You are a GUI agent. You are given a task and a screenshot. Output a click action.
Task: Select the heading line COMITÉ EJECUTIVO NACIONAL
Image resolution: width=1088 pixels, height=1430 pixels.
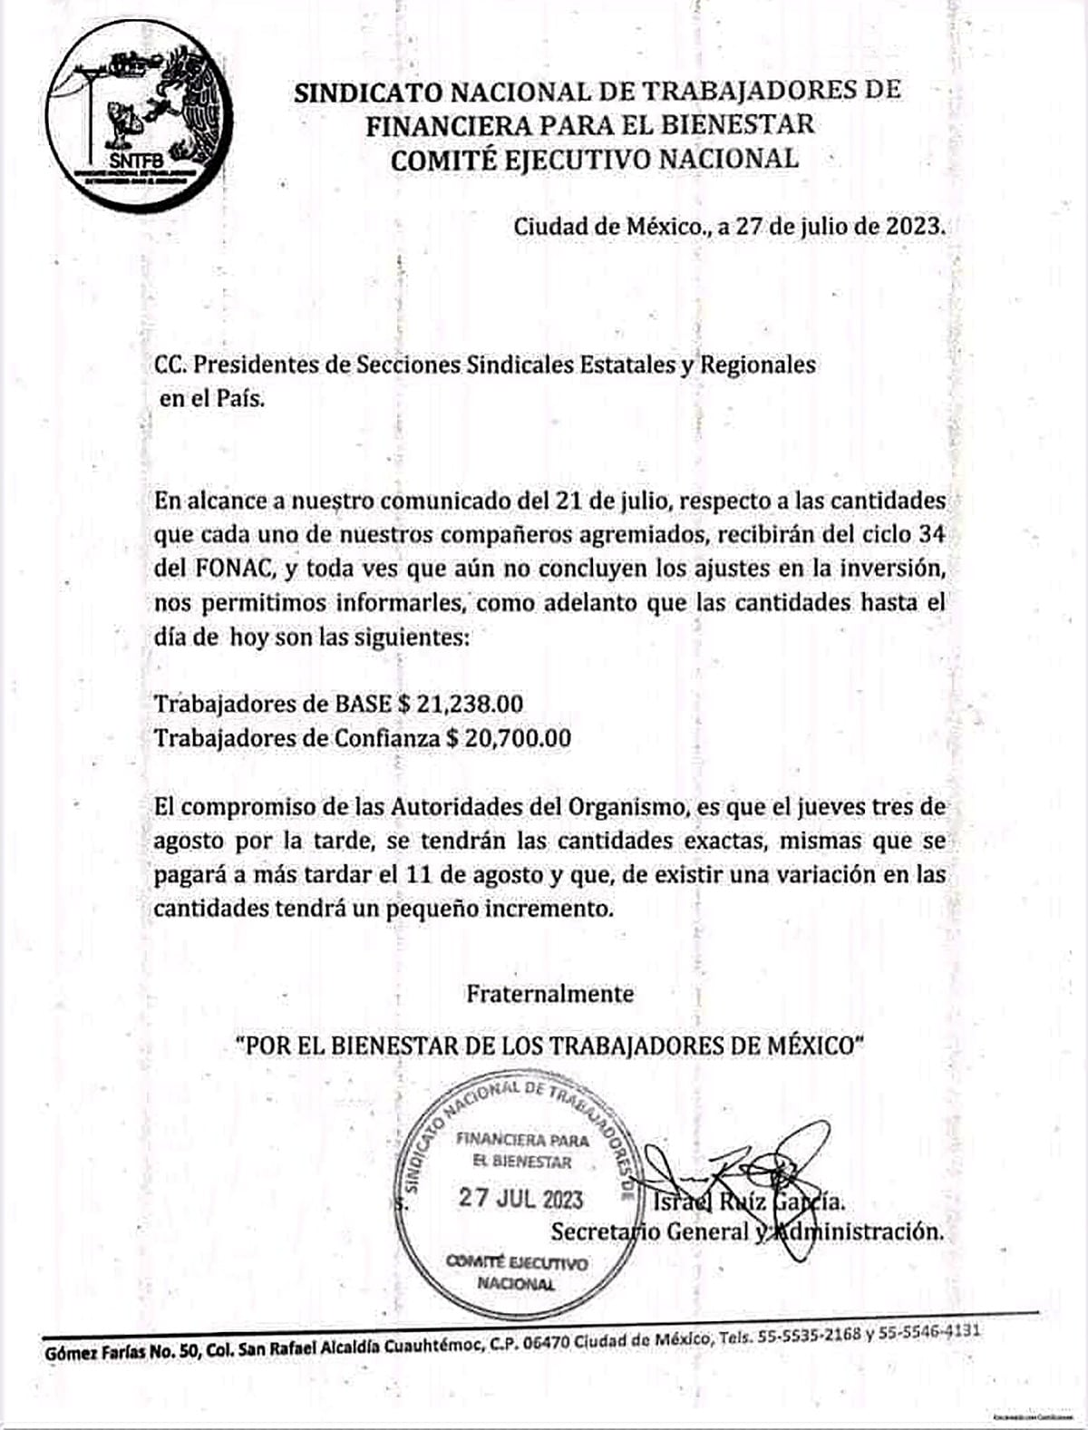click(594, 159)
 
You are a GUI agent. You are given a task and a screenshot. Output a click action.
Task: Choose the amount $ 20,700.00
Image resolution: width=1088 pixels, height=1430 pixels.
click(509, 739)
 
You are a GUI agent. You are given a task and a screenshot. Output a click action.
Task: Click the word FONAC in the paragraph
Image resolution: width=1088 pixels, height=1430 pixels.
click(227, 569)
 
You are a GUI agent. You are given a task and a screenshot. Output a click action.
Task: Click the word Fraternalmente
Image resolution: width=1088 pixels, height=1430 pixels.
click(550, 994)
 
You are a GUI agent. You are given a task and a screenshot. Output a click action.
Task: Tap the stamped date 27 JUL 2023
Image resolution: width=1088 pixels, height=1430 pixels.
click(520, 1200)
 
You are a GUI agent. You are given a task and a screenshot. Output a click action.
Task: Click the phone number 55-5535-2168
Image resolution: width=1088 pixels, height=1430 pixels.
click(812, 1337)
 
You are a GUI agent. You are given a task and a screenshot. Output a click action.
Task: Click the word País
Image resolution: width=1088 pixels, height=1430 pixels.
click(239, 400)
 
